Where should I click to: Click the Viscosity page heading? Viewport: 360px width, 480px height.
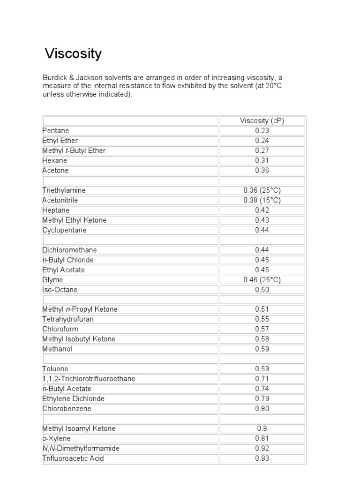(73, 54)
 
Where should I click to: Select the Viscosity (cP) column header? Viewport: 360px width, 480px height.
(262, 120)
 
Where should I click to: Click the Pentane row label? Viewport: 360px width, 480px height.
(56, 131)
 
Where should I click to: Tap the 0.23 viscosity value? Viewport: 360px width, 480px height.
(262, 131)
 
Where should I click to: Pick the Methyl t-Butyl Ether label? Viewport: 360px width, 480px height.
(74, 150)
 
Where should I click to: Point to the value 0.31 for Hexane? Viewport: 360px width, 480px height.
(262, 160)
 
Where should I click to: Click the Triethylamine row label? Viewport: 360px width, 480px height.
(64, 190)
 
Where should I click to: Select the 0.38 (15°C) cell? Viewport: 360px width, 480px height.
(262, 200)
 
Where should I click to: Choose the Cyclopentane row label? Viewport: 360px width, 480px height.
(65, 230)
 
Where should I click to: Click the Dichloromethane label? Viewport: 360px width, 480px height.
(69, 250)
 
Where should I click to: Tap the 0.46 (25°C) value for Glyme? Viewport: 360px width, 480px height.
(262, 280)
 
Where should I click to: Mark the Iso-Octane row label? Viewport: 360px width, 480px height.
(60, 290)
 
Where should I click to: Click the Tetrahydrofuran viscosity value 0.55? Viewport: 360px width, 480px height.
(262, 319)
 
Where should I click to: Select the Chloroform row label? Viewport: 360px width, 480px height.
(60, 329)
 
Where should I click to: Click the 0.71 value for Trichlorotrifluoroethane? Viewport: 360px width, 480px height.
(262, 379)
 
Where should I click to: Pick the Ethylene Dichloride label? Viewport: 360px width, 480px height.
(74, 398)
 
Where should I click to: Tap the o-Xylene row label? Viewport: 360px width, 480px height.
(57, 438)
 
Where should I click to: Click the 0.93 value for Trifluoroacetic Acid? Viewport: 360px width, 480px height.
(262, 458)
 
